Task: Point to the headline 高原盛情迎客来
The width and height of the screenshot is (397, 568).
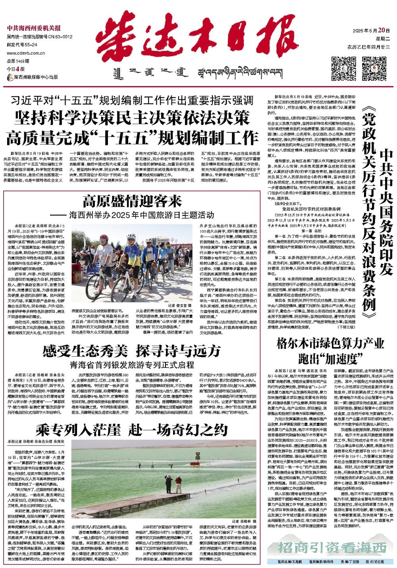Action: pos(132,202)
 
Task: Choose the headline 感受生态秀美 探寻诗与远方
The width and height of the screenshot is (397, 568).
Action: pos(131,350)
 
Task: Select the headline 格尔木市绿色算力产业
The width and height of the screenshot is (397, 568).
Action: pos(330,343)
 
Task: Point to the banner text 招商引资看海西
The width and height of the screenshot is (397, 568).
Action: pos(332,548)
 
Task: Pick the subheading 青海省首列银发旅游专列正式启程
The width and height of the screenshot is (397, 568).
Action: pos(131,364)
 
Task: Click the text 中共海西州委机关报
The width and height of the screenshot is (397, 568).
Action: pos(34,28)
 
